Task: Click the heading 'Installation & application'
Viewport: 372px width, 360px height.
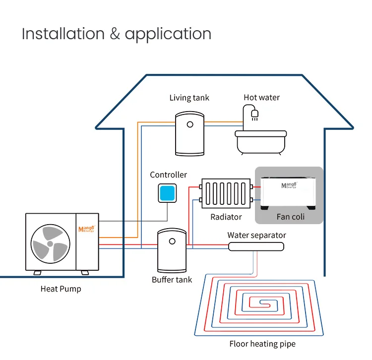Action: pyautogui.click(x=117, y=34)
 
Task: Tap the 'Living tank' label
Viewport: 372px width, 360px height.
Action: pyautogui.click(x=189, y=98)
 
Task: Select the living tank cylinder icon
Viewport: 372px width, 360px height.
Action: pyautogui.click(x=189, y=133)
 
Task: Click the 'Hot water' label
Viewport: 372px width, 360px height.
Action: pyautogui.click(x=261, y=98)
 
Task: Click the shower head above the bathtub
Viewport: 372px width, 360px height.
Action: pyautogui.click(x=254, y=115)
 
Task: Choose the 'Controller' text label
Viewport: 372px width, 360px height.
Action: pyautogui.click(x=169, y=175)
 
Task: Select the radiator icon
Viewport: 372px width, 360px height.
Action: pyautogui.click(x=226, y=194)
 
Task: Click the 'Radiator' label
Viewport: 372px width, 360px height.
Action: pyautogui.click(x=226, y=217)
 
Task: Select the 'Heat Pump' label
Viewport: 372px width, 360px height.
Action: pyautogui.click(x=61, y=289)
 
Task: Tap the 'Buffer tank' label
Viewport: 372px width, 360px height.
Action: pyautogui.click(x=172, y=280)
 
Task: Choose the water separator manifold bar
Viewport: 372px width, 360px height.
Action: pyautogui.click(x=256, y=246)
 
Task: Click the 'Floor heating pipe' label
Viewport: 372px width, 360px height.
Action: pyautogui.click(x=262, y=344)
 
